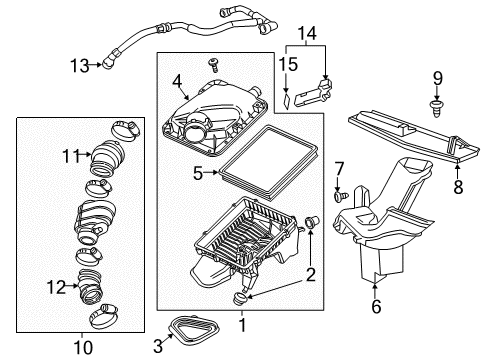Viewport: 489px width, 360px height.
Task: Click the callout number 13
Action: [79, 66]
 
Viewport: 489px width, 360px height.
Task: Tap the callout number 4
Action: [177, 81]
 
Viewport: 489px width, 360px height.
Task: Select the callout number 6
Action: [376, 308]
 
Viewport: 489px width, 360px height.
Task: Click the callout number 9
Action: [437, 78]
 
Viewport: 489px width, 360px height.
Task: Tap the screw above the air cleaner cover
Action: [214, 65]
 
